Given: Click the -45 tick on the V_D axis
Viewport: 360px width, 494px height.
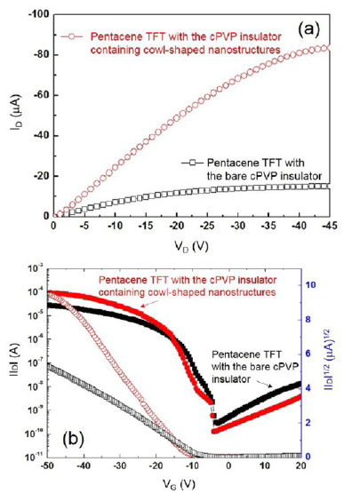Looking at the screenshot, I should (x=329, y=226).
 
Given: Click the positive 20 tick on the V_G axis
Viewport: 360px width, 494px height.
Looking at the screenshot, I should (x=300, y=467).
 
